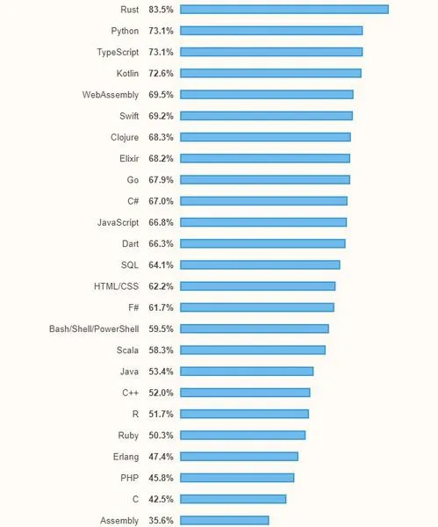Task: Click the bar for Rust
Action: [284, 10]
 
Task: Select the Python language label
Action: [125, 31]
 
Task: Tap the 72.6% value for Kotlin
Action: [161, 73]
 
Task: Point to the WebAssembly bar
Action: [267, 95]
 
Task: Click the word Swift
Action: [129, 116]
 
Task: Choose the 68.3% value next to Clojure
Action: [161, 137]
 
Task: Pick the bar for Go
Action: [265, 180]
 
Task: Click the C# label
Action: [133, 201]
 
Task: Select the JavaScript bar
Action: [263, 222]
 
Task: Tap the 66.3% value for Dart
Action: [161, 243]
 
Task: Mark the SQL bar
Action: [260, 265]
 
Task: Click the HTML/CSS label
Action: [116, 286]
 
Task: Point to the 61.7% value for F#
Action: [161, 307]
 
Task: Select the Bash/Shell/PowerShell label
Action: [94, 328]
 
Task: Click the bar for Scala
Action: [253, 350]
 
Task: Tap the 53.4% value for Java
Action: [161, 372]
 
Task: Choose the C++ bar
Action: [245, 393]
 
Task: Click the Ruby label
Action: [128, 436]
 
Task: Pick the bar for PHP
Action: [237, 478]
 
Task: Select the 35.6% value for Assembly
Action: [161, 520]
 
